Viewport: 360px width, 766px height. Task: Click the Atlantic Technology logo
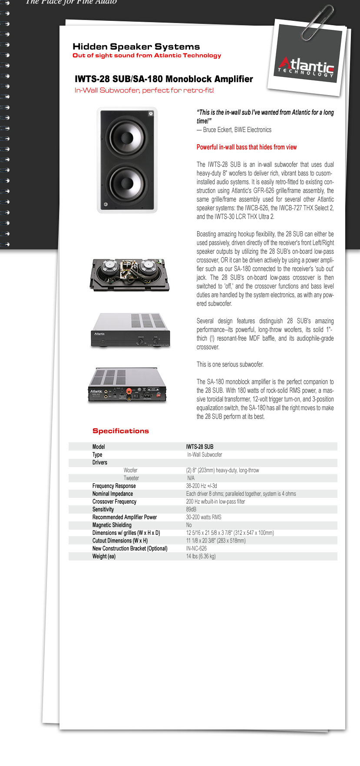tap(306, 67)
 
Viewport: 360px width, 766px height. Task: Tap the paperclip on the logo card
tap(317, 22)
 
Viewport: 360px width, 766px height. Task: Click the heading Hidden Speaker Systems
tap(136, 46)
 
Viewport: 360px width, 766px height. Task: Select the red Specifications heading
tap(120, 431)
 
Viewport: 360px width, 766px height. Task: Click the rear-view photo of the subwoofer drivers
tap(129, 275)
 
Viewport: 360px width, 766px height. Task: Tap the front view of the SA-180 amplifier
tap(130, 330)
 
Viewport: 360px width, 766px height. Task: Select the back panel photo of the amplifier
tap(127, 385)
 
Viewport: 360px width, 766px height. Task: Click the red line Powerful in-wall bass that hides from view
tap(246, 147)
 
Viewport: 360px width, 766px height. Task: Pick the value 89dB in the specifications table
tap(191, 509)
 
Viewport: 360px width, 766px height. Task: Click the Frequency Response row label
tap(114, 486)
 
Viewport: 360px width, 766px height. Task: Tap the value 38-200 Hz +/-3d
tap(201, 486)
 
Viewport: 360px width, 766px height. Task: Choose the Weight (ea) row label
tap(104, 556)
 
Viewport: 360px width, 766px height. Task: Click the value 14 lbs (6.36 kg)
tap(201, 556)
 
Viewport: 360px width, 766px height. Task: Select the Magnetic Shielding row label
tap(112, 525)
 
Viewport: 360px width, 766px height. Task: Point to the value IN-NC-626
tap(196, 548)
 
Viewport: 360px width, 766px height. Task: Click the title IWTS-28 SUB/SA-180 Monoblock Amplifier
tap(164, 79)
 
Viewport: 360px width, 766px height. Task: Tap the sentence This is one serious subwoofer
tap(230, 365)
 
